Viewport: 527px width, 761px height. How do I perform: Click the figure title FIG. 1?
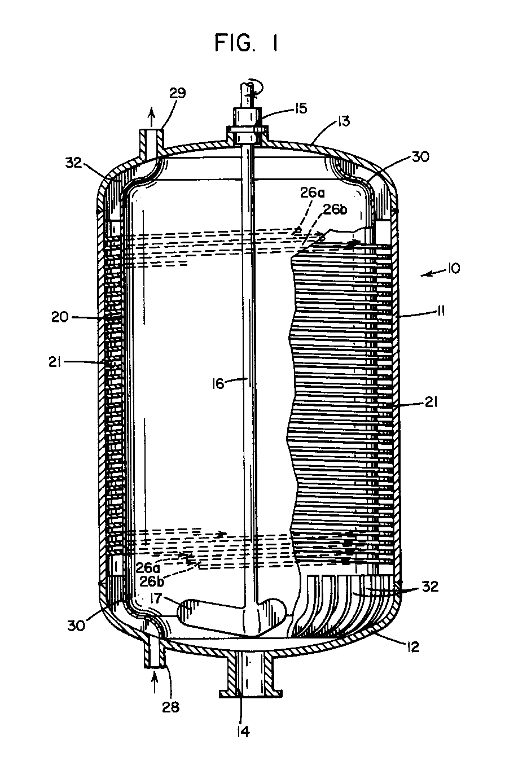tap(246, 43)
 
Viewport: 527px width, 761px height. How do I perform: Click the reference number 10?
tap(453, 269)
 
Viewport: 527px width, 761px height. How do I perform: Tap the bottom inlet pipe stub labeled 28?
tap(156, 651)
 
